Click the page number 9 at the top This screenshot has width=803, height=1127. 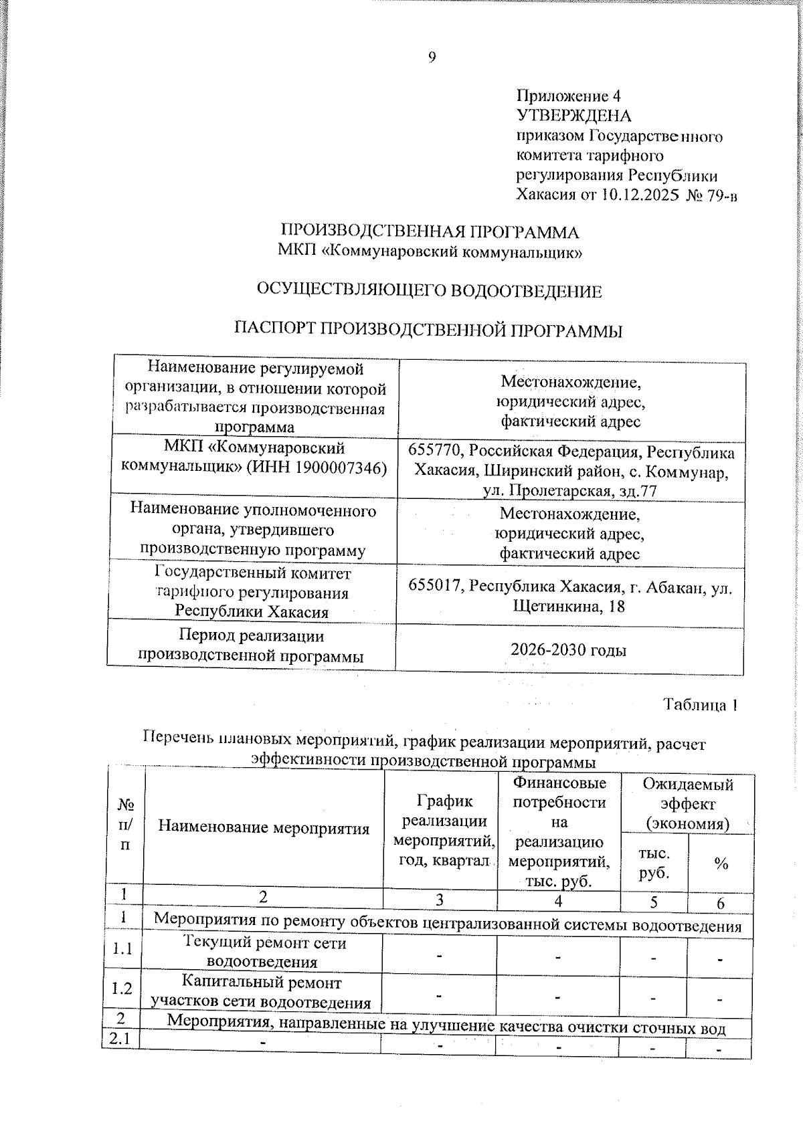tap(432, 58)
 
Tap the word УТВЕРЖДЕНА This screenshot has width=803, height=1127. tap(573, 116)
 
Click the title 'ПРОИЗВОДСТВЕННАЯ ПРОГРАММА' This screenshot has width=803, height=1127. tap(429, 232)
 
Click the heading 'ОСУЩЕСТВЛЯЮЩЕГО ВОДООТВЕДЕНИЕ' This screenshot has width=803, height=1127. tap(429, 292)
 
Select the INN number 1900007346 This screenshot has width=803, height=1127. tap(336, 468)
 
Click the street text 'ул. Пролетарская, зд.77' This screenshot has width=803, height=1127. tap(569, 491)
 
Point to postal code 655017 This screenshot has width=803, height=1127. tap(436, 587)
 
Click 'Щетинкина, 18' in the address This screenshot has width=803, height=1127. tap(569, 606)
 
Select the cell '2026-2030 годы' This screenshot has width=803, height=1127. tap(568, 649)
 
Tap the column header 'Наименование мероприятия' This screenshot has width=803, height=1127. tap(264, 828)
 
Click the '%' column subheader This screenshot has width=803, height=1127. tap(721, 864)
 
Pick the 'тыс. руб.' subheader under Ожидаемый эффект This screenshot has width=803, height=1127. tap(654, 863)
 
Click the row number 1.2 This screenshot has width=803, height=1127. tap(122, 989)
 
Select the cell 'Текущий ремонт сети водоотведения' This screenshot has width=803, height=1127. tap(264, 952)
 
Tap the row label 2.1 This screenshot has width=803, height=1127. tap(120, 1039)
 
